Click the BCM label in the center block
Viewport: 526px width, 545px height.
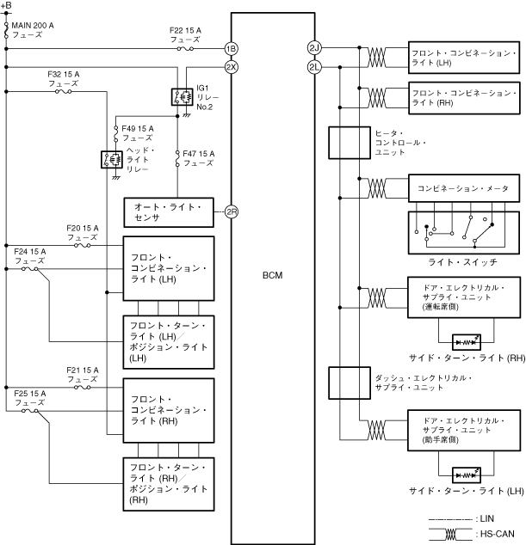point(272,275)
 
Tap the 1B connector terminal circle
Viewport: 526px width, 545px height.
point(231,49)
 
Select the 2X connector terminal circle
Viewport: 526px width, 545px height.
point(231,66)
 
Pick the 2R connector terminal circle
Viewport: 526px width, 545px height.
point(231,211)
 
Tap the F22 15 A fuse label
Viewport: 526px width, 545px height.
point(185,35)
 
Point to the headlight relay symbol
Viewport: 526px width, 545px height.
point(111,159)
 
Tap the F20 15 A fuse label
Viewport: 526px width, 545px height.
point(83,232)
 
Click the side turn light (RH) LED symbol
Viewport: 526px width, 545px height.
point(466,340)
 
